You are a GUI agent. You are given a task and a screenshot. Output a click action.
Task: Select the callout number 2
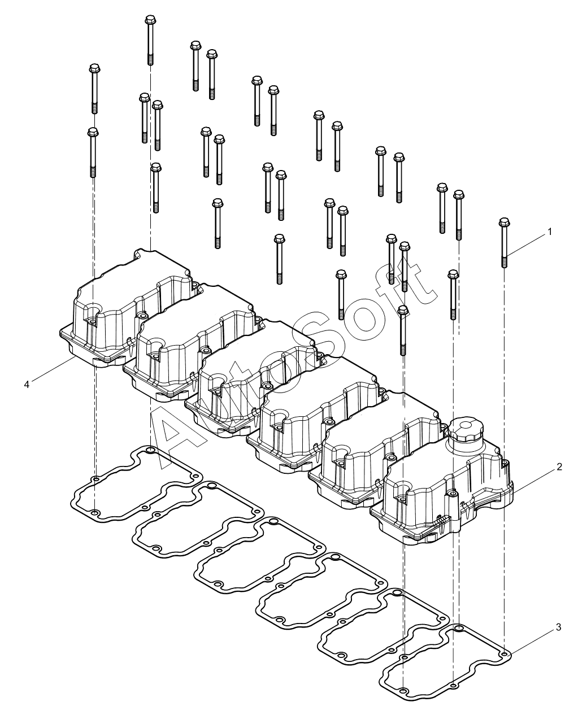[559, 467]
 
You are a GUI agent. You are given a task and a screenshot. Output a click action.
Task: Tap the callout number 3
[559, 627]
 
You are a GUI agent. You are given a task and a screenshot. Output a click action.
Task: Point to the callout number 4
[27, 384]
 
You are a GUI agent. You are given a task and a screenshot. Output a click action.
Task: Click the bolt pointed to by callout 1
[504, 243]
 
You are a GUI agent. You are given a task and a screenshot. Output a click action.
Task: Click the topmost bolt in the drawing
[150, 40]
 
